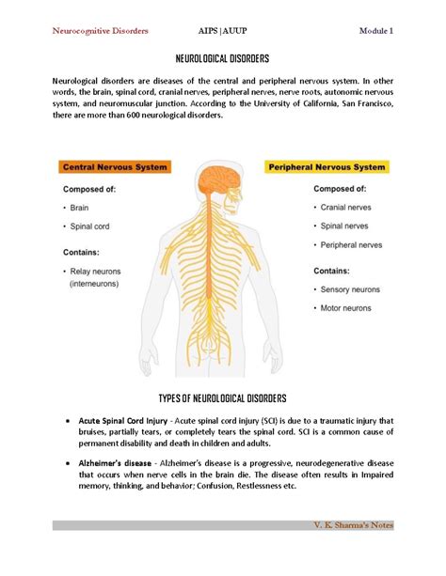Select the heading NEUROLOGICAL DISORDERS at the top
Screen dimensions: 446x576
(x=223, y=58)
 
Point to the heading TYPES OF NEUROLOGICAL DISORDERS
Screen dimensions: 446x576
(x=223, y=398)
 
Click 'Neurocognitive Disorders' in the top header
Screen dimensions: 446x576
(x=99, y=31)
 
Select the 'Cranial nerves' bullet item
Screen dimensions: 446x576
(x=348, y=207)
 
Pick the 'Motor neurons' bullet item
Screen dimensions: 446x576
(x=349, y=307)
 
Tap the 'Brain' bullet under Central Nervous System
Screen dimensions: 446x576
(x=80, y=207)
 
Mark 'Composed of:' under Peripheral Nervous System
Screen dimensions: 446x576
(x=341, y=188)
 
